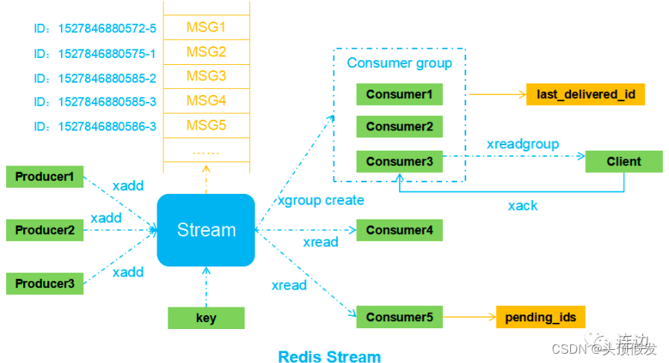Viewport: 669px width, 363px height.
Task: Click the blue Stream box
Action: click(206, 230)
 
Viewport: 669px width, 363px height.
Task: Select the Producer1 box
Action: click(45, 177)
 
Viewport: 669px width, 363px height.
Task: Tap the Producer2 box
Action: click(45, 230)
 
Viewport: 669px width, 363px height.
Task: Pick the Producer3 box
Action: click(45, 283)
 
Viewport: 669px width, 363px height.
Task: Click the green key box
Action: click(206, 318)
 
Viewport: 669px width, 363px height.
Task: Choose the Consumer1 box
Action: click(400, 95)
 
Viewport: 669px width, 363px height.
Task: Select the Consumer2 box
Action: click(400, 127)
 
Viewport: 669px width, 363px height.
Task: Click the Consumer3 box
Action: click(400, 161)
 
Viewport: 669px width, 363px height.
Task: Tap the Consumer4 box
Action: click(400, 230)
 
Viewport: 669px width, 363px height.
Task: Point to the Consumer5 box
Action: click(400, 317)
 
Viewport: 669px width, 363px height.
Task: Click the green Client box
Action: click(623, 161)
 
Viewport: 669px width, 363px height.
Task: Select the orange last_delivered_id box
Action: click(586, 95)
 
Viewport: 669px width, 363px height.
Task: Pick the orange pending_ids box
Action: click(540, 317)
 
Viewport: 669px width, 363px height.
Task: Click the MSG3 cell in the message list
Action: click(206, 76)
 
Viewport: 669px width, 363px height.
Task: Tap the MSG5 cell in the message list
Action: click(206, 125)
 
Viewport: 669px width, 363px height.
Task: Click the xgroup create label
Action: click(320, 201)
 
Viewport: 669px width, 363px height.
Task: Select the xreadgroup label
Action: click(522, 144)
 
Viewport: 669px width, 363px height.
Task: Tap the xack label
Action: click(522, 205)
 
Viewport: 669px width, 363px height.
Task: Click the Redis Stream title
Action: click(329, 356)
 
